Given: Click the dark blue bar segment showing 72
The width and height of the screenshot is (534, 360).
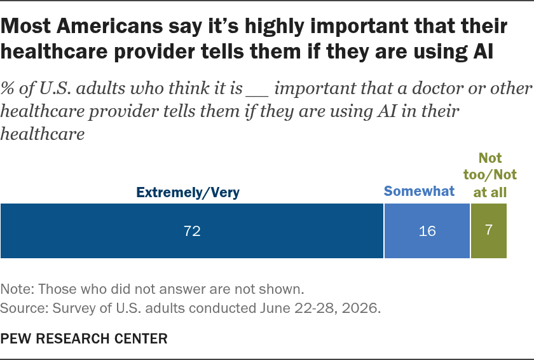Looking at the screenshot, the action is coord(192,231).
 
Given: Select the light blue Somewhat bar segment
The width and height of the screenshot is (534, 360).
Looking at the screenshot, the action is coord(427,231).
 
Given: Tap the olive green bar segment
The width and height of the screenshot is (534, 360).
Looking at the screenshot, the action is coord(489,231).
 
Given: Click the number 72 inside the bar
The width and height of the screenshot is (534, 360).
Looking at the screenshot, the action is coord(192,231).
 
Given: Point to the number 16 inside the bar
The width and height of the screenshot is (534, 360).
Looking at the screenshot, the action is coord(427,231).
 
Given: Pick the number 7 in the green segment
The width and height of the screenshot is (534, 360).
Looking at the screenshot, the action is coord(489,230).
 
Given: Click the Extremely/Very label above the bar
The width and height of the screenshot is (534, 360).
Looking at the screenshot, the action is coord(188,193).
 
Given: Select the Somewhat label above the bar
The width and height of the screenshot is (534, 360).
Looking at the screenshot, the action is coord(419,191).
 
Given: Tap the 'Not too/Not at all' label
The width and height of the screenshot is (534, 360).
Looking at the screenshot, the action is coord(490,175).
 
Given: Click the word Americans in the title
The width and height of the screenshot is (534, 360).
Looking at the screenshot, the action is coord(109,26).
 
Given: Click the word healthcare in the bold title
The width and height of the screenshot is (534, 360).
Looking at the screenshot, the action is coord(55,52).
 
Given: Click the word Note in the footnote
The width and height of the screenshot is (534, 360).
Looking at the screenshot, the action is coord(16,289).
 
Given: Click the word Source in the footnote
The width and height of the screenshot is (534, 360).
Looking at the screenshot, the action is coord(24,308).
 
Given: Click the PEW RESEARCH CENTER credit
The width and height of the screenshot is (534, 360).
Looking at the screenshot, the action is coord(84,339).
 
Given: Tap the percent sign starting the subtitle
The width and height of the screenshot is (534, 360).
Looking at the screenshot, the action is coord(8,88).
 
